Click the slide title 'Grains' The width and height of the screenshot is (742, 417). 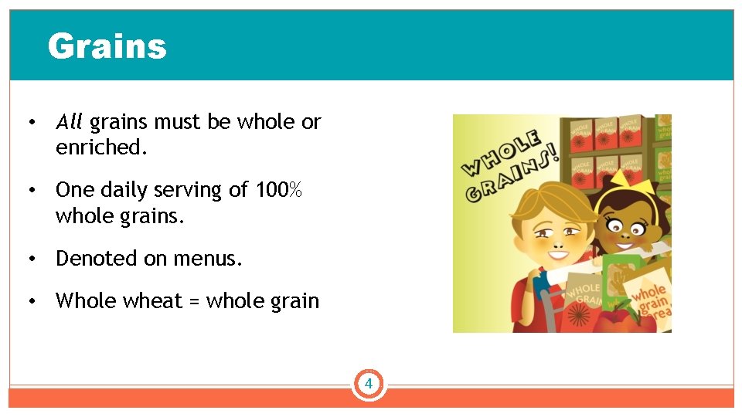point(107,46)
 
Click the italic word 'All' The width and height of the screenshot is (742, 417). point(69,122)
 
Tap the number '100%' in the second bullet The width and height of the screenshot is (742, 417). point(280,190)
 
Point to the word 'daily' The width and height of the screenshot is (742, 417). point(123,190)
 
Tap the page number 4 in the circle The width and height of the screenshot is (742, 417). point(369,384)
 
